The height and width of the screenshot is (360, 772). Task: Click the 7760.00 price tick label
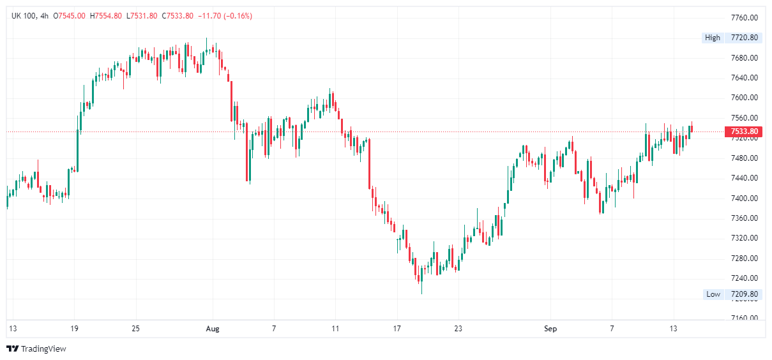click(x=744, y=17)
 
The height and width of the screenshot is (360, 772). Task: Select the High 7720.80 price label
click(x=732, y=38)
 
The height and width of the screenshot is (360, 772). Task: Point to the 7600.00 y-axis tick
click(x=744, y=98)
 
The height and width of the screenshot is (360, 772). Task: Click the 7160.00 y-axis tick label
click(x=744, y=318)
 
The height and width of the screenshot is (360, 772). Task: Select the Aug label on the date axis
click(x=213, y=329)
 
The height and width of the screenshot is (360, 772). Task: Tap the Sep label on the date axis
click(x=550, y=329)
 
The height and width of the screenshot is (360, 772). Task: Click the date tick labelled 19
click(x=74, y=329)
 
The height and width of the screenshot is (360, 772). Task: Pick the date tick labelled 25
click(x=135, y=329)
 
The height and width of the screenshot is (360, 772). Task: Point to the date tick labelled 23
click(x=458, y=329)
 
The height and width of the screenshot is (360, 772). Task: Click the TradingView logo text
click(x=43, y=349)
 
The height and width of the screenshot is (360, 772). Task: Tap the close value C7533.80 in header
click(x=178, y=16)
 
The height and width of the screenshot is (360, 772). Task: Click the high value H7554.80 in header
click(x=107, y=16)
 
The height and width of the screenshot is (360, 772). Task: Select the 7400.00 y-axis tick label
click(x=744, y=198)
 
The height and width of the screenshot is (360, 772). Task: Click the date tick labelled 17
click(x=397, y=329)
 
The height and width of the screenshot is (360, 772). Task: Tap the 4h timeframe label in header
click(x=44, y=16)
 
